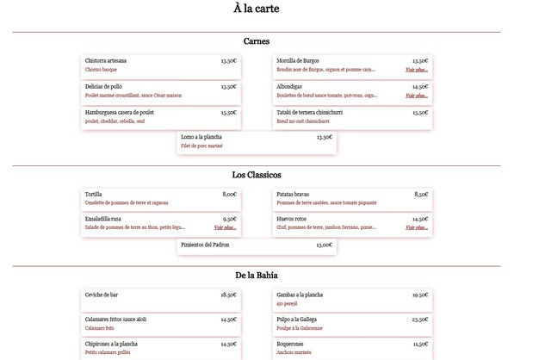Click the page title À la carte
(256, 9)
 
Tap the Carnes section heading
(256, 41)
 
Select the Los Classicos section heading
(256, 175)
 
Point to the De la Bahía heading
(256, 275)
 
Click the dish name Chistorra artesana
(106, 61)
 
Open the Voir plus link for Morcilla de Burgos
(417, 70)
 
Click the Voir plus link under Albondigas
(417, 96)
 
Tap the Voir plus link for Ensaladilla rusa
(225, 228)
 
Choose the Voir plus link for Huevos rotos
(417, 228)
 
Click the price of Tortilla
(229, 195)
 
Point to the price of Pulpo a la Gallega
(419, 320)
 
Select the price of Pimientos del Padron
(324, 245)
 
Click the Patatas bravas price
(421, 195)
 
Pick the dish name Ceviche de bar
(101, 295)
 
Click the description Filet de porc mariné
(201, 146)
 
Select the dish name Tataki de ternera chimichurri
(311, 112)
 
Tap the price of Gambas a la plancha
(419, 295)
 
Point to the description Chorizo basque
(101, 70)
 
